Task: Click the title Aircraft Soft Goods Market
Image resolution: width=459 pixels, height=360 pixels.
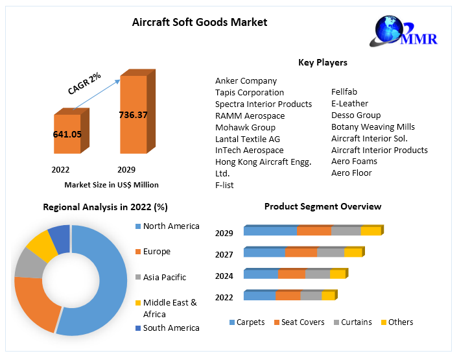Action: tap(200, 22)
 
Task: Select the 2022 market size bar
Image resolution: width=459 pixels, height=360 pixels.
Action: tap(67, 134)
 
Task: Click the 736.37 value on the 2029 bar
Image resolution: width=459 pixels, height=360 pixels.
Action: tap(133, 115)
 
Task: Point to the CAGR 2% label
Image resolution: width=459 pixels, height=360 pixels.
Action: tap(84, 84)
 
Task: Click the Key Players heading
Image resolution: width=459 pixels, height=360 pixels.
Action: tap(322, 63)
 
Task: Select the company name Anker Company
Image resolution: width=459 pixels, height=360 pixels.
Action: tap(246, 81)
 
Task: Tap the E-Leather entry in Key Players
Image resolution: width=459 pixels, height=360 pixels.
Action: tap(349, 104)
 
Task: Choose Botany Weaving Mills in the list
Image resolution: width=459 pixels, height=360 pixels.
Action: tap(373, 127)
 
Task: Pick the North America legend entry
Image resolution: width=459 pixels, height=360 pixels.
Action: tap(171, 226)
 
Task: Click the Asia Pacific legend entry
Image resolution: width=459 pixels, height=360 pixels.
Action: tap(164, 278)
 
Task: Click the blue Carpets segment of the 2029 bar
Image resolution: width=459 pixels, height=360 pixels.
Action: tap(270, 231)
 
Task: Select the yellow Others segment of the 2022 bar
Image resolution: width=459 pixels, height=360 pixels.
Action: tap(327, 296)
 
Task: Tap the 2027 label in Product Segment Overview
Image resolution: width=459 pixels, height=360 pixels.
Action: tap(224, 254)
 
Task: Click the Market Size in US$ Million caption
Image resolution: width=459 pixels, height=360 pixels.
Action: tap(112, 185)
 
